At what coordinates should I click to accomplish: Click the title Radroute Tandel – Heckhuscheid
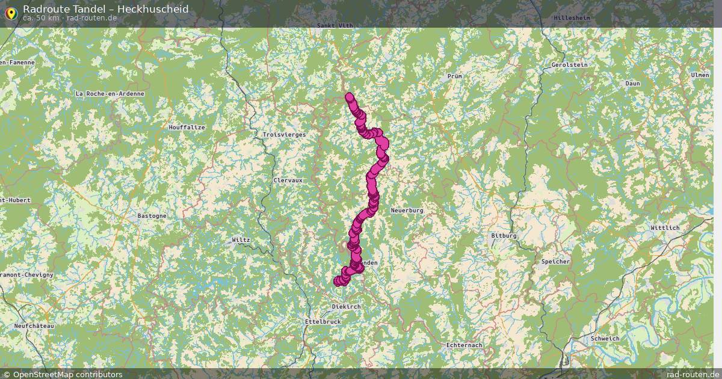coord(105,9)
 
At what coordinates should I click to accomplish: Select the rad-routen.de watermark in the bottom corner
coord(693,374)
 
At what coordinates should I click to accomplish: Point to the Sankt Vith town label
coord(335,26)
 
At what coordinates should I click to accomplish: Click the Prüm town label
coord(454,76)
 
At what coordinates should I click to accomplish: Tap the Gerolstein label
coord(569,64)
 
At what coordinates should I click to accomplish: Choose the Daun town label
coord(632,83)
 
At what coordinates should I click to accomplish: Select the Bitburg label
coord(504,235)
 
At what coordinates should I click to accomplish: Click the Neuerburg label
coord(407,211)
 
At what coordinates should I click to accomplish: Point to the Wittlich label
coord(665,228)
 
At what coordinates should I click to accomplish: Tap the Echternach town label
coord(464,345)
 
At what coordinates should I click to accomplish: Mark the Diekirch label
coord(346,307)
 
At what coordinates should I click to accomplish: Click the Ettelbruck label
coord(322,322)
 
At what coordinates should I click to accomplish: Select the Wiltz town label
coord(241,240)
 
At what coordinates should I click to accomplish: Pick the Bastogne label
coord(152,215)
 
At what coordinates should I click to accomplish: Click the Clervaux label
coord(288,180)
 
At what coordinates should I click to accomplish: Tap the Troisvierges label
coord(284,135)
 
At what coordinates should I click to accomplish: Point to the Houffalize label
coord(187,128)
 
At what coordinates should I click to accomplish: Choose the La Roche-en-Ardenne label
coord(110,94)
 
